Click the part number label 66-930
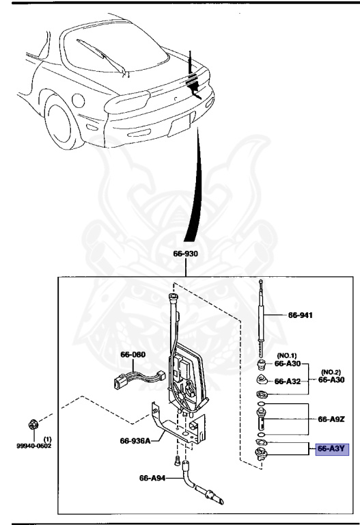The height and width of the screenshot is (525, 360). click(x=185, y=254)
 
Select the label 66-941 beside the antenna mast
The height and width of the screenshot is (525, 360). click(x=300, y=315)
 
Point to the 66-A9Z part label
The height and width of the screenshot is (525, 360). click(x=331, y=418)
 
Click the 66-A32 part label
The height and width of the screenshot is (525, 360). click(x=288, y=381)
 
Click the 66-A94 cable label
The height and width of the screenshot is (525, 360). click(x=153, y=478)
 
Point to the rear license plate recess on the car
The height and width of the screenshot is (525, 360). click(x=180, y=125)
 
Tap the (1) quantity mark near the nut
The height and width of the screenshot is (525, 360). click(x=47, y=438)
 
